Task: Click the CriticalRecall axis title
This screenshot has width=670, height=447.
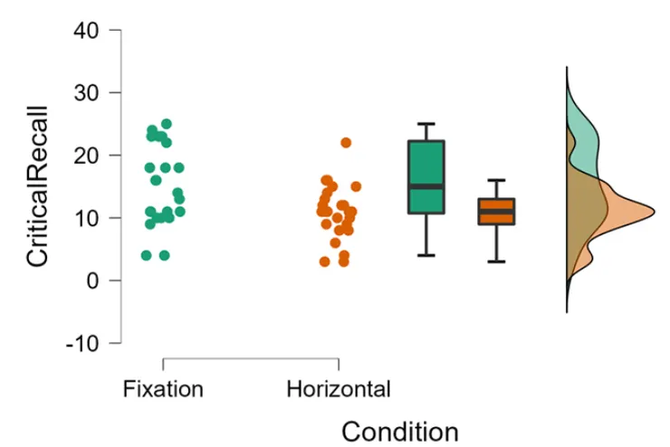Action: pos(36,187)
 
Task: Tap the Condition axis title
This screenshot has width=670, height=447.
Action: pos(400,431)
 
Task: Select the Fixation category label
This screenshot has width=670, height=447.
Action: pos(163,390)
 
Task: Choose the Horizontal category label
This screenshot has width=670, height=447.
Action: pos(339,390)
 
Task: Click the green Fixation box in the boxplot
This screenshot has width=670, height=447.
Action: pos(426,163)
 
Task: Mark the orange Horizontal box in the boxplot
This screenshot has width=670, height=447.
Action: pos(496,212)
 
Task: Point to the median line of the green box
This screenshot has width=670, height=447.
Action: pos(426,186)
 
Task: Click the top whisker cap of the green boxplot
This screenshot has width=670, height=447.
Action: pos(426,124)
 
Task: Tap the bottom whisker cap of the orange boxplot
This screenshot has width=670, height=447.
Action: pos(496,262)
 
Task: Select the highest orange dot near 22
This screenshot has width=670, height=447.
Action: pos(346,143)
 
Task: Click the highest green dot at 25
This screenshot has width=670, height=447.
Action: pos(167,124)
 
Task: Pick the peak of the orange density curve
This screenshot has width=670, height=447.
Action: pos(652,212)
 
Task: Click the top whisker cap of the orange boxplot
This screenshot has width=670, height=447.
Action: pos(496,180)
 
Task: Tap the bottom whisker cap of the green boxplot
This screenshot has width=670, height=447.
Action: pos(426,255)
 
